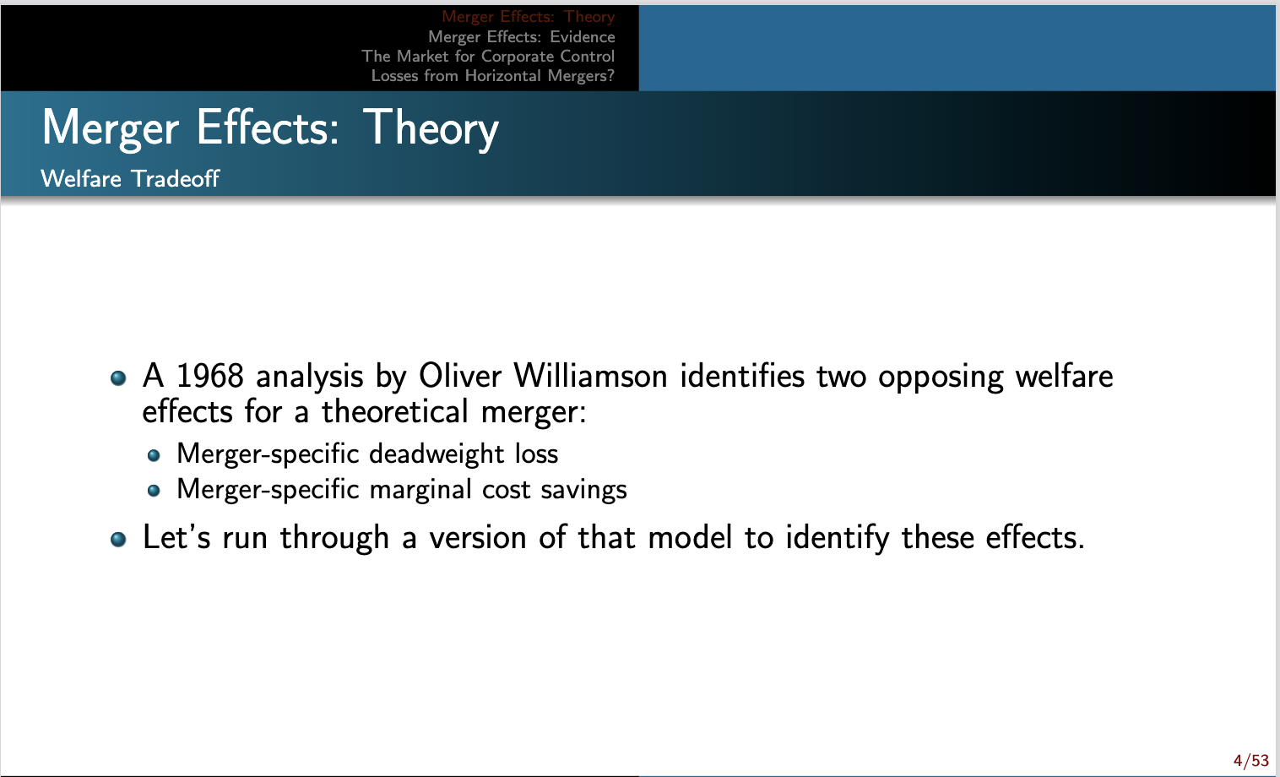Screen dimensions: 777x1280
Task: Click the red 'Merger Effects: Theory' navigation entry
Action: pyautogui.click(x=528, y=17)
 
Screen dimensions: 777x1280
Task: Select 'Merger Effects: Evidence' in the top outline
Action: pyautogui.click(x=521, y=36)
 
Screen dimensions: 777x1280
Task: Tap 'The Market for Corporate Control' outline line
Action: pyautogui.click(x=488, y=56)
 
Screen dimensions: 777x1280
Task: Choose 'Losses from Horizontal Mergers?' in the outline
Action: pyautogui.click(x=492, y=75)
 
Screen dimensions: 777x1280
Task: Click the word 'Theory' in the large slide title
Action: pyautogui.click(x=431, y=128)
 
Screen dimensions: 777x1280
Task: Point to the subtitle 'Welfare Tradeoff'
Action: pyautogui.click(x=130, y=178)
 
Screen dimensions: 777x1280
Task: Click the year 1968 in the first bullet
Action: pyautogui.click(x=209, y=376)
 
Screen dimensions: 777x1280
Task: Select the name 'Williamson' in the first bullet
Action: pyautogui.click(x=590, y=376)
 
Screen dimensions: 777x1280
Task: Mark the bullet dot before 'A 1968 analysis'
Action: pyautogui.click(x=118, y=378)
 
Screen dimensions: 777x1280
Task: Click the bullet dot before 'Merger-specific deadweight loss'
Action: pyautogui.click(x=153, y=455)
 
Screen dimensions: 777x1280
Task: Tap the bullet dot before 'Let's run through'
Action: pyautogui.click(x=118, y=539)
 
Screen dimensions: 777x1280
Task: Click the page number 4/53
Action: pyautogui.click(x=1250, y=761)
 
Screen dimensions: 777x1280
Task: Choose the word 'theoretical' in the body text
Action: pyautogui.click(x=394, y=412)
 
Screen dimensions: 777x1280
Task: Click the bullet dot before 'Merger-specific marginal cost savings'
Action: pyautogui.click(x=153, y=491)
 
